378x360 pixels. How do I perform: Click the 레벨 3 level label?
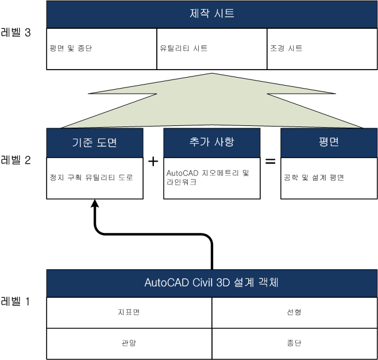coord(16,32)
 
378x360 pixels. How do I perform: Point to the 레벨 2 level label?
coord(16,160)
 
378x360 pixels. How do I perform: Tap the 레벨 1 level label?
coord(15,301)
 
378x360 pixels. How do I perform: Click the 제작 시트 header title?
coord(212,13)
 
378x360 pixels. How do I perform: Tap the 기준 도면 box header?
coord(95,143)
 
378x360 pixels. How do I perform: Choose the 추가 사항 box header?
coord(212,143)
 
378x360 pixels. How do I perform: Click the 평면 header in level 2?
coord(329,143)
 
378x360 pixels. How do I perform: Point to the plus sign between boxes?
coord(153,161)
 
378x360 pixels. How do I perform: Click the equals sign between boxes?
coord(270,161)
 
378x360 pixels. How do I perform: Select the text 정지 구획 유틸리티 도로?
coord(91,178)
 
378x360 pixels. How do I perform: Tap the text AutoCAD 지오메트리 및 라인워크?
coord(207,177)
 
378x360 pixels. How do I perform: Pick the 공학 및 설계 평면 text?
coord(314,178)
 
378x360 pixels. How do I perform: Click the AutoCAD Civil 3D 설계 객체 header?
coord(212,283)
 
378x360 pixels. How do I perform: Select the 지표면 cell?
coord(129,312)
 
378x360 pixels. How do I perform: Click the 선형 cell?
coord(294,312)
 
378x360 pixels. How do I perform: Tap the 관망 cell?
coord(129,343)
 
